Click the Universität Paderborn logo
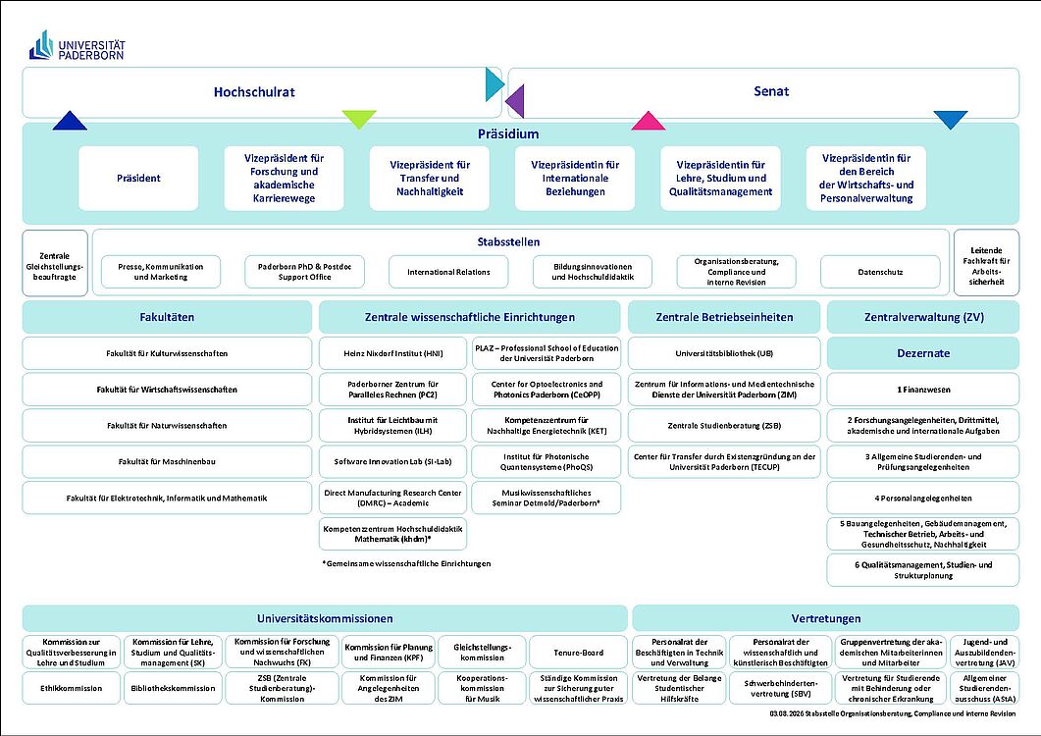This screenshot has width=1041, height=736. pyautogui.click(x=77, y=45)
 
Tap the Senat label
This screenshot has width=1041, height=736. pyautogui.click(x=771, y=91)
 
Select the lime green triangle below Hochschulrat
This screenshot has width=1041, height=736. pyautogui.click(x=359, y=120)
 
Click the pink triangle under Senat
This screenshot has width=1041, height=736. pyautogui.click(x=648, y=121)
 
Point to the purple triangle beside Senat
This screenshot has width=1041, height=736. pyautogui.click(x=515, y=101)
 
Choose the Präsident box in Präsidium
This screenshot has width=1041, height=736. pyautogui.click(x=138, y=178)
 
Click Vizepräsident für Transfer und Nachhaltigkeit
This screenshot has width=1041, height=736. pyautogui.click(x=430, y=178)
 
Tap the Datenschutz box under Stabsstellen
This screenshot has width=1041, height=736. pyautogui.click(x=880, y=272)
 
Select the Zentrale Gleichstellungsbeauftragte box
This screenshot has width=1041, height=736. pyautogui.click(x=54, y=262)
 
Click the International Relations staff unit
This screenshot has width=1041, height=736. pyautogui.click(x=448, y=272)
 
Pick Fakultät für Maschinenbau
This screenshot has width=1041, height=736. pyautogui.click(x=167, y=461)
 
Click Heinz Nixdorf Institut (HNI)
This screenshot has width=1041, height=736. pyautogui.click(x=393, y=353)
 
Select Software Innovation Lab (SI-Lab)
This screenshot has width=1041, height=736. pyautogui.click(x=393, y=461)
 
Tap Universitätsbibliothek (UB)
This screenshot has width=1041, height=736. pyautogui.click(x=724, y=353)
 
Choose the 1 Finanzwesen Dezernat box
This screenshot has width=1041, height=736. pyautogui.click(x=923, y=390)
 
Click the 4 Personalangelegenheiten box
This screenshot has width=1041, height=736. pyautogui.click(x=923, y=499)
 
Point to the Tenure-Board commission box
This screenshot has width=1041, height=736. pyautogui.click(x=578, y=653)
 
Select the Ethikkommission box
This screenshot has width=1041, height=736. pyautogui.click(x=72, y=688)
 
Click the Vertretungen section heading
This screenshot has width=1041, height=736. pyautogui.click(x=826, y=618)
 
